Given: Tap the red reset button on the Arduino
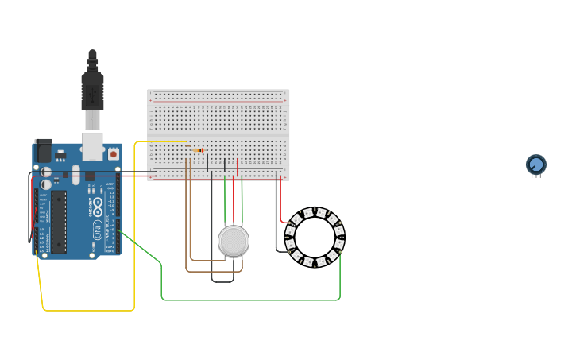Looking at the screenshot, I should click(113, 153).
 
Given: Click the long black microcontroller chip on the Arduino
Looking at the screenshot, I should click(59, 221).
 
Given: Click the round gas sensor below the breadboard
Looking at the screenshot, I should click(234, 241).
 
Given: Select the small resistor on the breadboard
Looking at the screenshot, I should click(198, 149).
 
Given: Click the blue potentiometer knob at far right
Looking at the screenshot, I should click(536, 165).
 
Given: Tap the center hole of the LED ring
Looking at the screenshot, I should click(315, 237).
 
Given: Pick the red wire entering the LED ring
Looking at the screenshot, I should click(280, 203).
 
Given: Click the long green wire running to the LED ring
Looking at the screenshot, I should click(238, 300).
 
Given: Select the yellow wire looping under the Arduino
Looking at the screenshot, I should click(87, 310).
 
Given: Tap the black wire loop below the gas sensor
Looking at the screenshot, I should click(222, 281).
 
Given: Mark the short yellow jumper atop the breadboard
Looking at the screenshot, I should click(163, 141).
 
